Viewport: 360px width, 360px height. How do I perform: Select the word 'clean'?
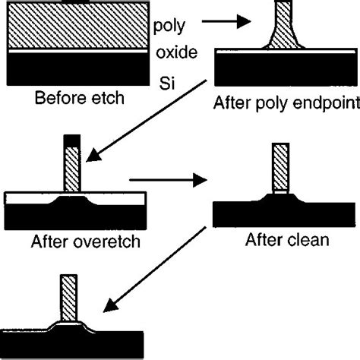311,242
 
